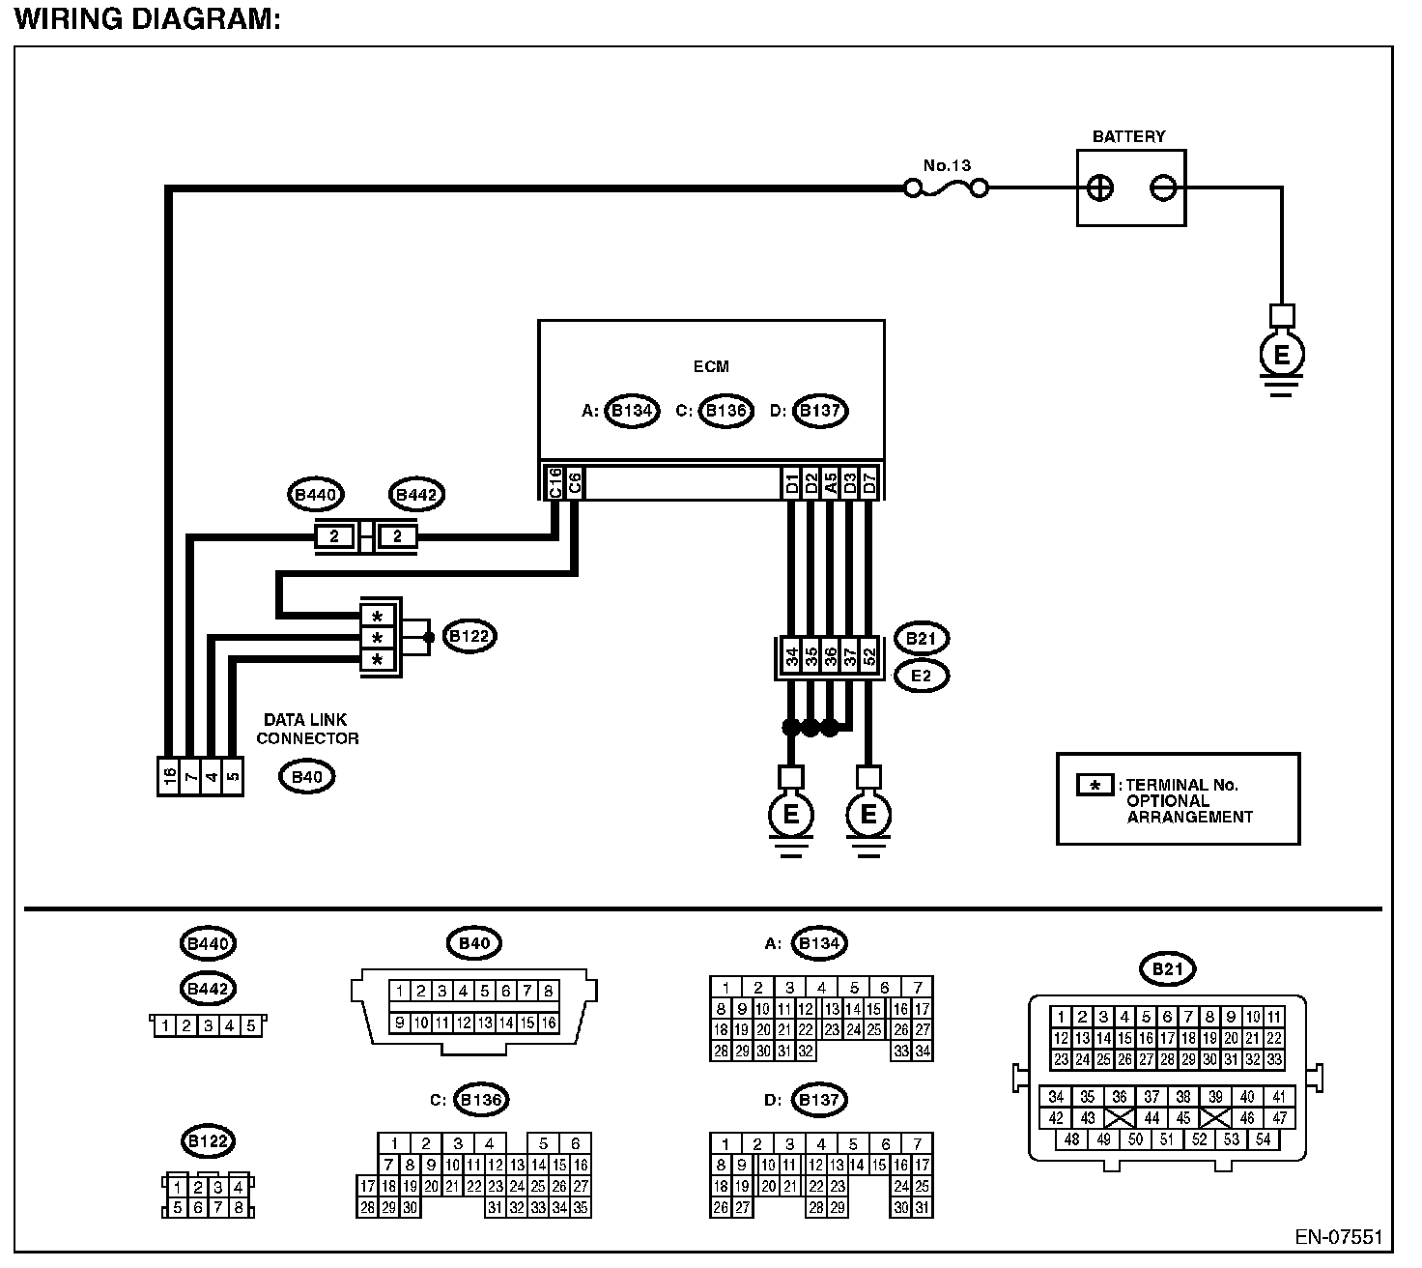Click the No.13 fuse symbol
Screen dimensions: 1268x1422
[x=947, y=187]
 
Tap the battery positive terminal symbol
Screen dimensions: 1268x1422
[x=1099, y=187]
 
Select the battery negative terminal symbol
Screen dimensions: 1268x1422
[x=1163, y=187]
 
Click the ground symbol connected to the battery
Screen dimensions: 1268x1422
[x=1282, y=358]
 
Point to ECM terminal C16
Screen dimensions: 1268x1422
[x=555, y=483]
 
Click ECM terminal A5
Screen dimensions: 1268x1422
[x=831, y=483]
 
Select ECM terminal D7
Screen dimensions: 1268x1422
[x=869, y=483]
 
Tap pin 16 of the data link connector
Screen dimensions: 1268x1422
[x=169, y=776]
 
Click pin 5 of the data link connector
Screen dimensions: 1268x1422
[x=232, y=776]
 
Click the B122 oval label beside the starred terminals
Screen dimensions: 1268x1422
[x=469, y=637]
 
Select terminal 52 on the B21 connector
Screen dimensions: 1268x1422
[x=869, y=657]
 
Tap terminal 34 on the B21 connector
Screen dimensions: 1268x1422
[x=791, y=657]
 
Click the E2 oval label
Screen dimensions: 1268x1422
[x=922, y=676]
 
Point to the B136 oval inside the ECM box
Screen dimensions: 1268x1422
[x=725, y=411]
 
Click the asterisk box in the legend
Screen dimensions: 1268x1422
[x=1095, y=785]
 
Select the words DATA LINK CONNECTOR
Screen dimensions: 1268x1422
[x=307, y=730]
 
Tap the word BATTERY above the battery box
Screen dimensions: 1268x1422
[x=1128, y=136]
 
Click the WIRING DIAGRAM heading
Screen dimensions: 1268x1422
[x=147, y=18]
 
